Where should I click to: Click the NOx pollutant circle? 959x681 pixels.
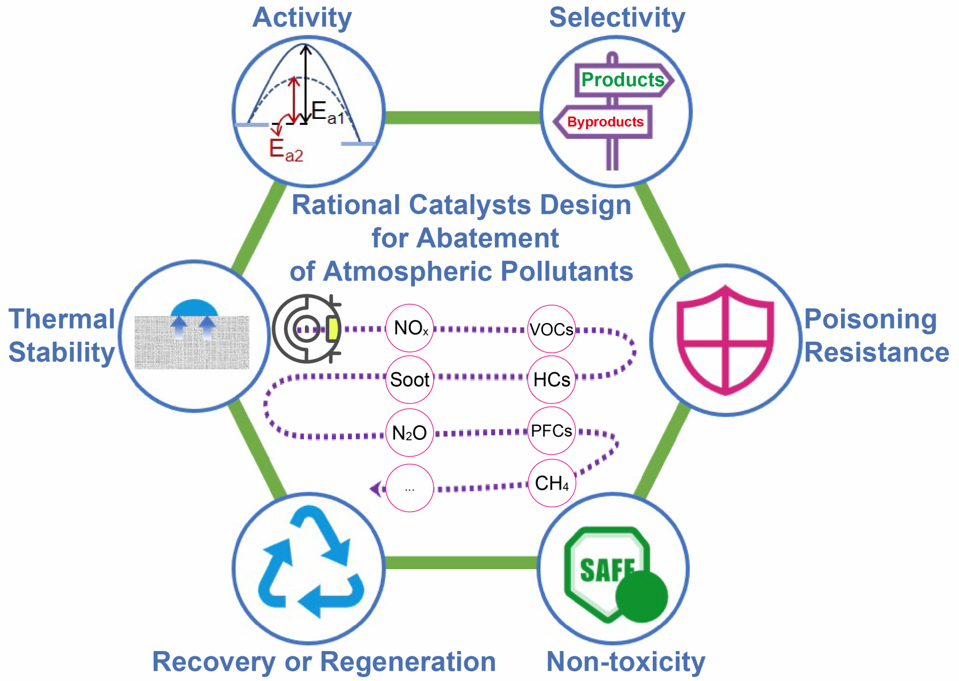click(x=410, y=328)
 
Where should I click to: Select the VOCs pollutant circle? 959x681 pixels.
click(x=551, y=329)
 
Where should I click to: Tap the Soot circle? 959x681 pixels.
click(x=410, y=380)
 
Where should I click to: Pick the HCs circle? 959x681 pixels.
click(x=552, y=380)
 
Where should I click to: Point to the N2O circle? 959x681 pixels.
click(x=410, y=432)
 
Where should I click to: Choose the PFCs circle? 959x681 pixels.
click(x=552, y=431)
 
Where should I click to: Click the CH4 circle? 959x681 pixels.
click(x=552, y=483)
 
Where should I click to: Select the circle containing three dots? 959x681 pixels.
click(x=410, y=488)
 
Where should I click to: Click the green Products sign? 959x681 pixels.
click(x=623, y=80)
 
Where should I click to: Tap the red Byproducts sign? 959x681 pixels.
click(x=605, y=122)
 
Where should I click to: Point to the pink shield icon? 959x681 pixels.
click(x=725, y=340)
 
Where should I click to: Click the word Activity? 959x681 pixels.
click(x=302, y=18)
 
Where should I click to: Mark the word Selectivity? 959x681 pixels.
click(x=617, y=18)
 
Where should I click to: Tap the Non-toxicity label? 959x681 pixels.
click(x=626, y=661)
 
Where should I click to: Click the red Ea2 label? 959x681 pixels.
click(x=286, y=150)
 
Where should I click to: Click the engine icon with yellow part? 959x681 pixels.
click(x=307, y=329)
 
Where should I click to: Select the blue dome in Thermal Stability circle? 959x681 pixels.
click(x=194, y=309)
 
